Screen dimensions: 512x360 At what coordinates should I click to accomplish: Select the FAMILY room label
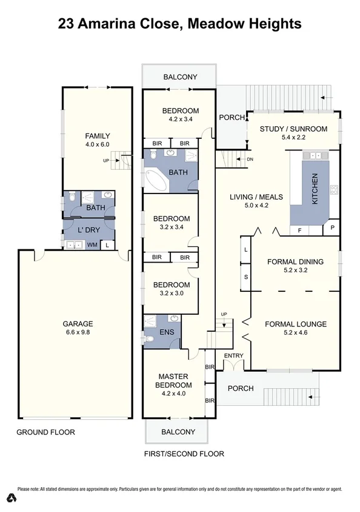coord(98,136)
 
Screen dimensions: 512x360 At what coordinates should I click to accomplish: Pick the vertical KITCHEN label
coord(315,188)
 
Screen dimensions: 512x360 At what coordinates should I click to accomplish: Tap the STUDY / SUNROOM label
coord(293,129)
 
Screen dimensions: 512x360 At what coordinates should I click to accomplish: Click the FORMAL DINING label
coord(296,262)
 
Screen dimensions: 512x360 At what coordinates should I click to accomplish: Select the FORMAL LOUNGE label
coord(296,324)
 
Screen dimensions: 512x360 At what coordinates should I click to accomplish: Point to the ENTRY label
coord(233,355)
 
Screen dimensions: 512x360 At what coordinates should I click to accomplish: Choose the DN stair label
coord(250,160)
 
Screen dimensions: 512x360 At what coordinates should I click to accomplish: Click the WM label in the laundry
coord(92,245)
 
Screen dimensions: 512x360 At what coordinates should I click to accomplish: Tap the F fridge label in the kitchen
coord(299,231)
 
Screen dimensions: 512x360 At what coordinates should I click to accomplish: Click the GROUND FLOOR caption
coord(46,433)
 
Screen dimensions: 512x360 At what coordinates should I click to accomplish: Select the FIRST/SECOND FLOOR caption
coord(184,454)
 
